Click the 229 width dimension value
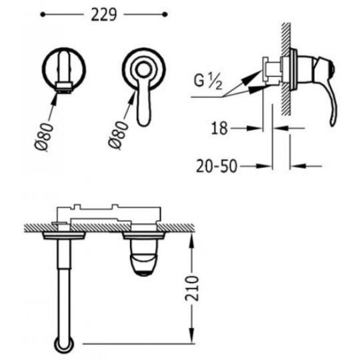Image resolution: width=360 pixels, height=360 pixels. tap(104, 15)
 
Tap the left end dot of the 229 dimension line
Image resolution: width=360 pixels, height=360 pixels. tap(43, 15)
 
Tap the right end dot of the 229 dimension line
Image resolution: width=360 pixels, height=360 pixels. tap(165, 15)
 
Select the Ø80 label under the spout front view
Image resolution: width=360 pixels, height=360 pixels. tap(44, 137)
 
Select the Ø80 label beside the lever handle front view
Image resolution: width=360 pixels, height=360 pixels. tap(118, 135)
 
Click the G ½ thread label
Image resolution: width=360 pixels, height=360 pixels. tap(208, 81)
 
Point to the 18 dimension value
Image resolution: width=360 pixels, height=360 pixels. tap(219, 129)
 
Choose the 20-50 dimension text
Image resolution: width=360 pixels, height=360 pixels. tap(217, 166)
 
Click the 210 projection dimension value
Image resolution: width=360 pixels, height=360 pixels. tap(191, 288)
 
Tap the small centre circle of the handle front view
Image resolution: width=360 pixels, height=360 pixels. tap(143, 69)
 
